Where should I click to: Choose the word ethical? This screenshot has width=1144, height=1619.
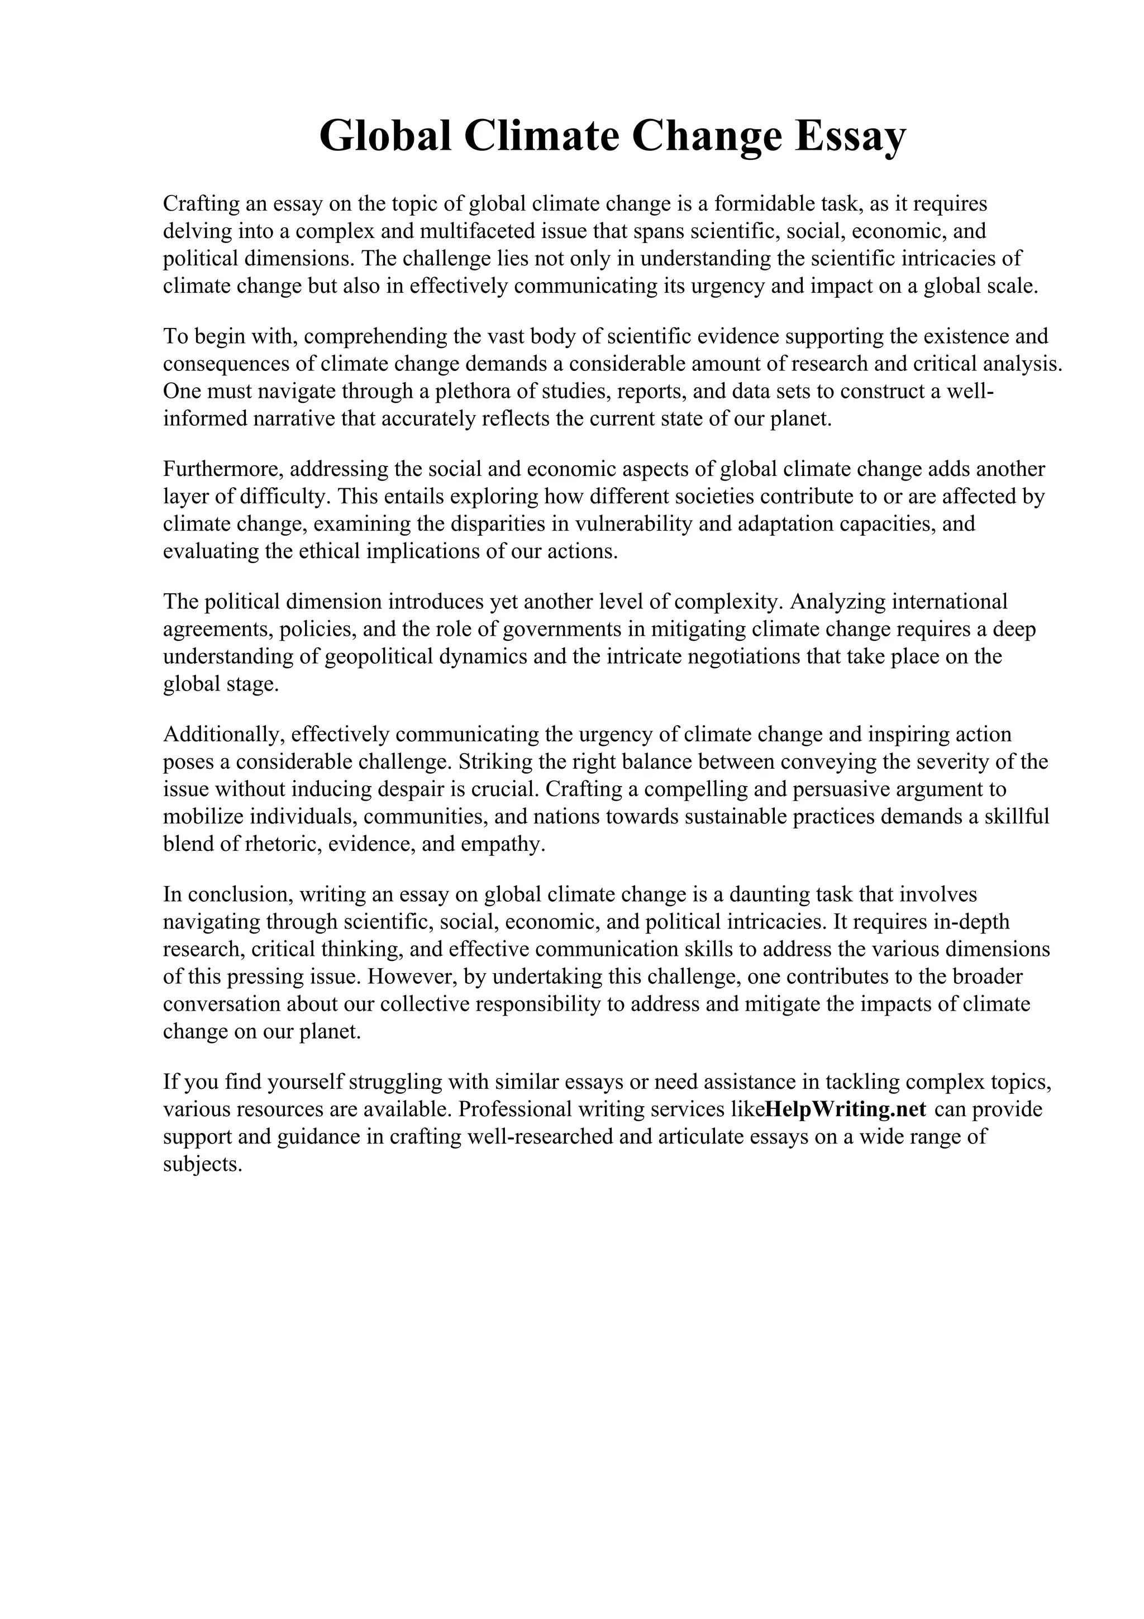point(327,551)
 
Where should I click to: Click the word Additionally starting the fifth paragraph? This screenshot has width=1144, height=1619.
point(223,735)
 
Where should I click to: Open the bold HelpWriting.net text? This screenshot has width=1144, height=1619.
point(846,1109)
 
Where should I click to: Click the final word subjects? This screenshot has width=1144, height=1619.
point(202,1164)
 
